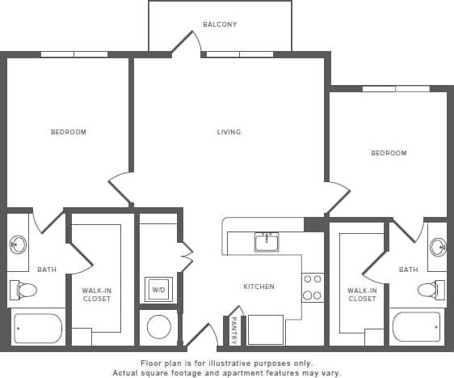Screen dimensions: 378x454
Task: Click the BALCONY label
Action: pyautogui.click(x=220, y=24)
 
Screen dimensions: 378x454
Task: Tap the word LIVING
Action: pyautogui.click(x=229, y=132)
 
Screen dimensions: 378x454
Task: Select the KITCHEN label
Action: pyautogui.click(x=259, y=287)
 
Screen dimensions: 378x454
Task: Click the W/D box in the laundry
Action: pyautogui.click(x=158, y=288)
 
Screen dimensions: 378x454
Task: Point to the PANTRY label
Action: pyautogui.click(x=233, y=329)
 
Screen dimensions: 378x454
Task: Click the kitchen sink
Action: pyautogui.click(x=266, y=241)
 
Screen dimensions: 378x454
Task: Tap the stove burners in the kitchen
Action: pyautogui.click(x=313, y=287)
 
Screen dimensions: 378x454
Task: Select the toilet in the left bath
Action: pyautogui.click(x=24, y=290)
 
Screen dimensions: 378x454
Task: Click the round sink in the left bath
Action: pyautogui.click(x=18, y=245)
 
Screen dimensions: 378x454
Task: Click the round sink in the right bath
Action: pyautogui.click(x=437, y=247)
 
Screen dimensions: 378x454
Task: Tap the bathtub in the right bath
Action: pyautogui.click(x=416, y=328)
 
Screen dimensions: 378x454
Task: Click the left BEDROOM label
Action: pyautogui.click(x=69, y=132)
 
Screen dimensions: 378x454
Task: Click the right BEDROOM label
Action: pyautogui.click(x=389, y=153)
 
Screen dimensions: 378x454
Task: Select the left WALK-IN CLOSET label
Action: pyautogui.click(x=97, y=295)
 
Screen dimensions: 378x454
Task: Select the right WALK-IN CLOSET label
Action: pyautogui.click(x=361, y=295)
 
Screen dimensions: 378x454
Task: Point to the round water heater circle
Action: pyautogui.click(x=159, y=328)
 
